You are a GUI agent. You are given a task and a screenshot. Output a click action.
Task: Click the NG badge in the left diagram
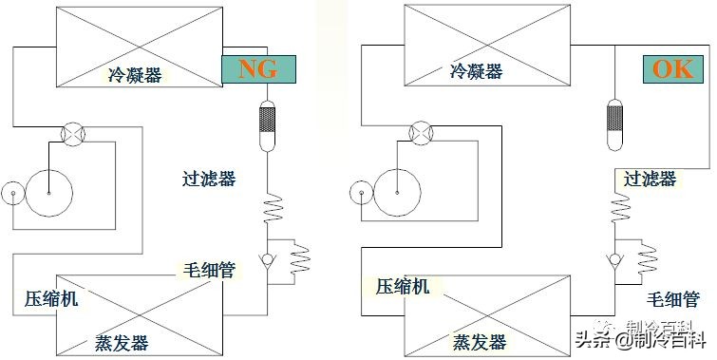click(258, 69)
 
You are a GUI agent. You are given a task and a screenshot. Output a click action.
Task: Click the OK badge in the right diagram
click(675, 69)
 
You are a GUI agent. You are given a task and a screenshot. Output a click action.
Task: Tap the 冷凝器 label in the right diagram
click(477, 70)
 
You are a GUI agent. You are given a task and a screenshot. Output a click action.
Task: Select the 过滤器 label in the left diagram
click(209, 178)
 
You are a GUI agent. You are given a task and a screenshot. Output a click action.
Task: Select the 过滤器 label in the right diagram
click(651, 179)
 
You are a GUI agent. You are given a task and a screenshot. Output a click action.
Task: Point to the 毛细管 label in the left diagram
click(208, 270)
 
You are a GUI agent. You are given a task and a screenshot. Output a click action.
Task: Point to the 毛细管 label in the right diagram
click(675, 300)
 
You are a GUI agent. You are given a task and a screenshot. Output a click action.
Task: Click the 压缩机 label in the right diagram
click(404, 286)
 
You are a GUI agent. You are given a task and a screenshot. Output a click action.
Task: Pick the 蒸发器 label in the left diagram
click(122, 343)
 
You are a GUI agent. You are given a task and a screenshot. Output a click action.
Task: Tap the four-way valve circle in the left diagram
click(72, 134)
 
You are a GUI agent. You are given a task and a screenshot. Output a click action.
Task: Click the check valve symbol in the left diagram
click(270, 257)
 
